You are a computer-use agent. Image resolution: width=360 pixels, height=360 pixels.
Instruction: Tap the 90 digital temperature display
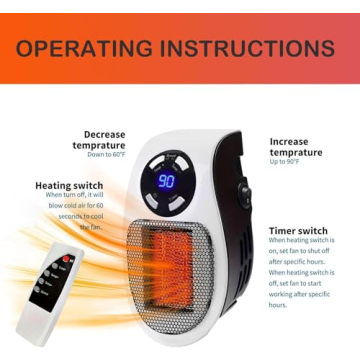166,182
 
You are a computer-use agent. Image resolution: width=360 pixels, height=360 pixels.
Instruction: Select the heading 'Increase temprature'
295,147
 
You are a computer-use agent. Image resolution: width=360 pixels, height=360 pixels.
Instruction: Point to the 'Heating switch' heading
68,185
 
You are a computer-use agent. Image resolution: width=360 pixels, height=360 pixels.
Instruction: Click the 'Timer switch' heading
298,231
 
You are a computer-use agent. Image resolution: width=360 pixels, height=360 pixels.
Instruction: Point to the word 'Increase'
289,141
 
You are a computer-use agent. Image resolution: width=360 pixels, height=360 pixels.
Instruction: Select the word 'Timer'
283,231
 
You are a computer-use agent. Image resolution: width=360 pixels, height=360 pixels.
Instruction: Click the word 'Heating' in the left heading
54,185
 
